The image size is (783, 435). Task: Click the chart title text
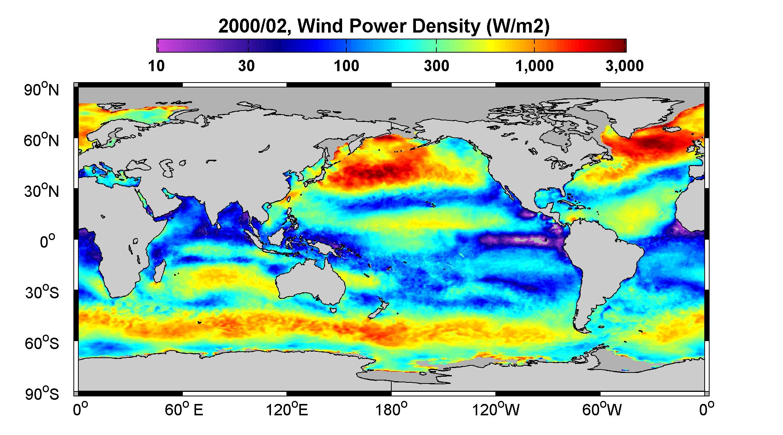pyautogui.click(x=384, y=26)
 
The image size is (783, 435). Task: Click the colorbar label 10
pyautogui.click(x=156, y=66)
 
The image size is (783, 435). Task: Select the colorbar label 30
pyautogui.click(x=246, y=66)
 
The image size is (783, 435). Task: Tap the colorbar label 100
pyautogui.click(x=346, y=66)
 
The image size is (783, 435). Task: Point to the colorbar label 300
pyautogui.click(x=436, y=66)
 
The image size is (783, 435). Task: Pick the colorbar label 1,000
pyautogui.click(x=534, y=66)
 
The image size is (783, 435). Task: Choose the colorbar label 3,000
pyautogui.click(x=624, y=66)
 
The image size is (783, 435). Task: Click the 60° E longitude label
pyautogui.click(x=184, y=410)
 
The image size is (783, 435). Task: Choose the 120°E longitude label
pyautogui.click(x=287, y=410)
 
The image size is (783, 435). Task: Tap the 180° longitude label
pyautogui.click(x=392, y=410)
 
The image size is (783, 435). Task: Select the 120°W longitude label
pyautogui.click(x=496, y=410)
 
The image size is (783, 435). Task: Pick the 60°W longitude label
pyautogui.click(x=601, y=410)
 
